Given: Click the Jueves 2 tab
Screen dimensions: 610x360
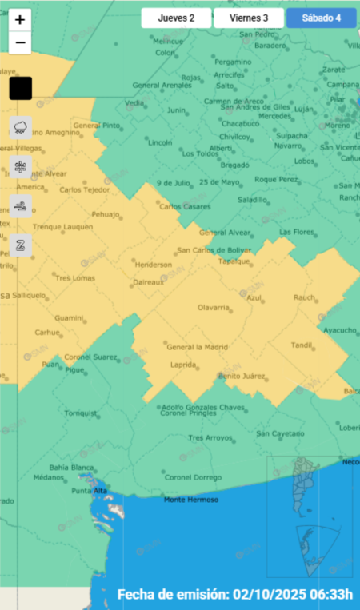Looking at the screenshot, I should (177, 18).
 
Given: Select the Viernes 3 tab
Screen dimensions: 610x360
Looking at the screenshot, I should (249, 18).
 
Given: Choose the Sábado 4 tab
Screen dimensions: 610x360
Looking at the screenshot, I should (322, 18).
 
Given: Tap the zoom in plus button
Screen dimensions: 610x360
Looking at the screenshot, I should (20, 20).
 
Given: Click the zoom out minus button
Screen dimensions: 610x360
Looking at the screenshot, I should (20, 42).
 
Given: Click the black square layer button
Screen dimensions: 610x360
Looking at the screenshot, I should (20, 88).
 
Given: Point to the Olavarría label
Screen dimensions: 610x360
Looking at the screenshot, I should (214, 307).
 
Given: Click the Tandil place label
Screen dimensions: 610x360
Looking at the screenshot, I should (302, 345).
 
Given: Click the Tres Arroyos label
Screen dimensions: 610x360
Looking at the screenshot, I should (209, 437).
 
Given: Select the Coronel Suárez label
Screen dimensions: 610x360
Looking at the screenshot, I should (90, 357).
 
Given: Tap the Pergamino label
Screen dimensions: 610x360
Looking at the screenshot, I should (233, 62).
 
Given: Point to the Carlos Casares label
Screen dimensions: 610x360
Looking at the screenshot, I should (181, 207).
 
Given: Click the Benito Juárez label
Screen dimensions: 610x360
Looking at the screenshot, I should (241, 376).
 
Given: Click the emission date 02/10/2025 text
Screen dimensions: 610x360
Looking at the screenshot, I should (235, 595).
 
